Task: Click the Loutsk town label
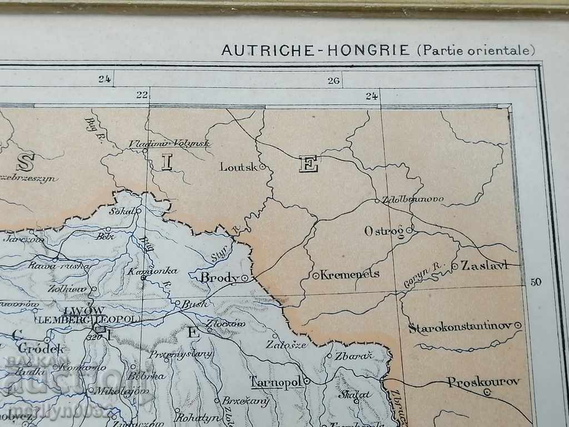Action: tap(239, 166)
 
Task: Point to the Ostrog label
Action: tap(384, 231)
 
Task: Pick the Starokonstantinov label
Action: tap(460, 327)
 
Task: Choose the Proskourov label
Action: tap(483, 382)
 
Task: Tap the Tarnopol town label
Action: tap(275, 382)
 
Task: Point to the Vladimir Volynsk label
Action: tap(169, 143)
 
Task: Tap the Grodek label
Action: tap(42, 349)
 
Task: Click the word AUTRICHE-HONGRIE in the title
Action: tap(316, 50)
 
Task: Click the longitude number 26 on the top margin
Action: tap(333, 81)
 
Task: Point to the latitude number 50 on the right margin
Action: tap(535, 282)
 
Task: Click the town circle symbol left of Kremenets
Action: tap(316, 275)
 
